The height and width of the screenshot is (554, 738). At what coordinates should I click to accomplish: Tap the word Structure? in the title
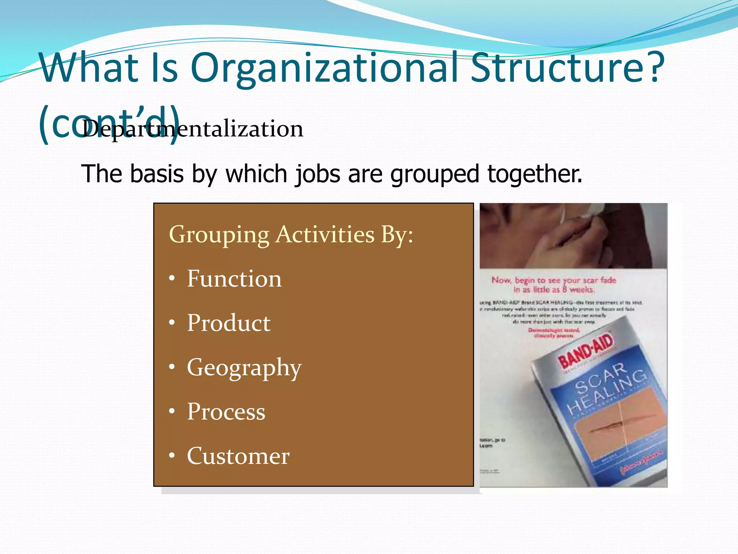click(567, 68)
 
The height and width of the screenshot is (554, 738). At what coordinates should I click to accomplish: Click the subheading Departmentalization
click(192, 129)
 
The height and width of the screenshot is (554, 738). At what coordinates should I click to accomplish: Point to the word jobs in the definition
click(317, 174)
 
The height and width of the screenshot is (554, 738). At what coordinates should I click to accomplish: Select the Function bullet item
click(234, 279)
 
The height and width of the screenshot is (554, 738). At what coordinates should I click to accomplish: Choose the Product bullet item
click(228, 323)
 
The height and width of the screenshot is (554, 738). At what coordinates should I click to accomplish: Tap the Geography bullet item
click(244, 368)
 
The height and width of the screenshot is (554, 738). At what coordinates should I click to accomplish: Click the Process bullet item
click(226, 412)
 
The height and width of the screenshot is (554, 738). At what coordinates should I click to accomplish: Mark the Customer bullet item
click(238, 456)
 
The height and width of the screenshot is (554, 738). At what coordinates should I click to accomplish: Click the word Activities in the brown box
click(325, 234)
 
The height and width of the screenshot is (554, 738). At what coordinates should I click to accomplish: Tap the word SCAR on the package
click(600, 378)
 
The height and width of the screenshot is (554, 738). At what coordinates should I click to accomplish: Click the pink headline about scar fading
click(553, 285)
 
